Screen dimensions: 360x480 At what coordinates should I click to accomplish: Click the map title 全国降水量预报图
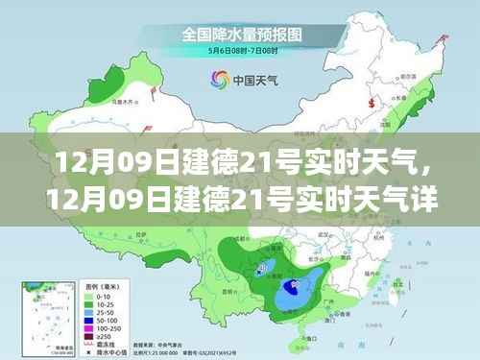tap(238, 35)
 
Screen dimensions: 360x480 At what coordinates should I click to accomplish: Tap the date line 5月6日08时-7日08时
tap(238, 52)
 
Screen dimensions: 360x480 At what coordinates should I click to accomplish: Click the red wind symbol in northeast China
tap(371, 100)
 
